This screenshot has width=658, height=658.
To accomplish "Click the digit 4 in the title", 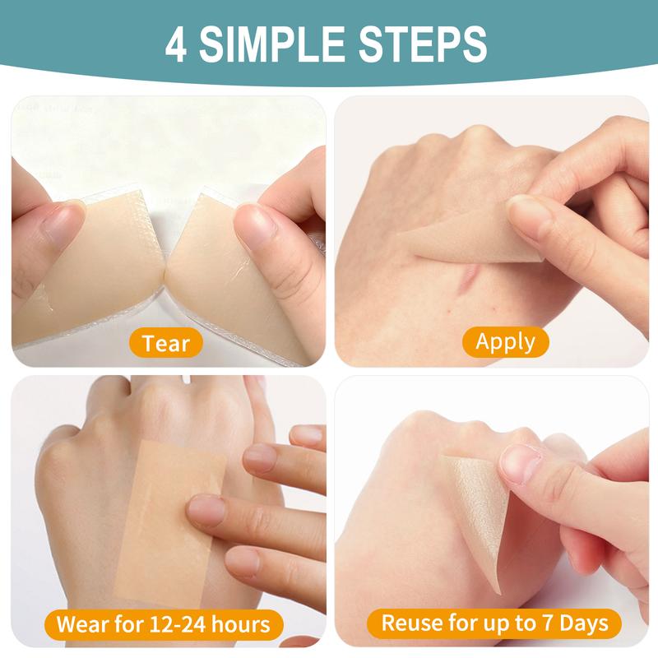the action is point(176,44).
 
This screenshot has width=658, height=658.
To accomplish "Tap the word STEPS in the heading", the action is point(423,44).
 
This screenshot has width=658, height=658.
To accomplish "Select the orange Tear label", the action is point(166,343).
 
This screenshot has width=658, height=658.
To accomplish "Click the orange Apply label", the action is point(506,341).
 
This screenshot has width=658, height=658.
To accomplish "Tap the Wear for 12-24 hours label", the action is point(164,624).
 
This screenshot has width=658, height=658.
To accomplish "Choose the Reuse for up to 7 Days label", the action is point(494,623).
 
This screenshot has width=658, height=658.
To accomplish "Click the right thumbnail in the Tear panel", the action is point(254,225).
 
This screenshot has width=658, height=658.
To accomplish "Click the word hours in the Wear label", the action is point(240,624).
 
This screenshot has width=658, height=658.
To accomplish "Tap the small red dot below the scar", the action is point(449,311).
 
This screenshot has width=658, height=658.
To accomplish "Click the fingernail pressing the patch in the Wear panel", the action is point(206,511).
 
